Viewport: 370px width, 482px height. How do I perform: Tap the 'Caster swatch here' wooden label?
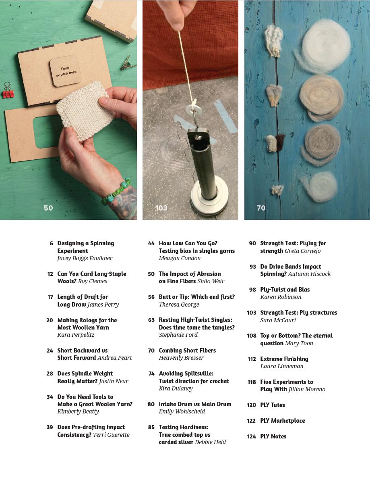[65, 71]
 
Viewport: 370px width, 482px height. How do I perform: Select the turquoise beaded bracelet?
[118, 191]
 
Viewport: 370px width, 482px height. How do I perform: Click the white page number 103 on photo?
[161, 208]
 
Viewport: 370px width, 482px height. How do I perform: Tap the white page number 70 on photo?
[261, 208]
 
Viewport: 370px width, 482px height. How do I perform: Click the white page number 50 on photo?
[48, 208]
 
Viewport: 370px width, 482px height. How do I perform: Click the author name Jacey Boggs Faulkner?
[85, 258]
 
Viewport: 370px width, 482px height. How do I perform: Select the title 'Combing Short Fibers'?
[187, 351]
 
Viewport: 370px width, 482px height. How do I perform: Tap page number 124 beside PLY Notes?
[251, 436]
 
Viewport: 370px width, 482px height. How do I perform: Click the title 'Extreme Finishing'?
[284, 359]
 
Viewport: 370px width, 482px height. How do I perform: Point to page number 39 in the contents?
[50, 427]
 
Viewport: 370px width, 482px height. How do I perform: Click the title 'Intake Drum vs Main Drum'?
[195, 404]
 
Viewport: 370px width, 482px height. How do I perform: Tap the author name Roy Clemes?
[93, 281]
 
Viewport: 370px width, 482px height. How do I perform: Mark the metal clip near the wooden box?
[128, 63]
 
